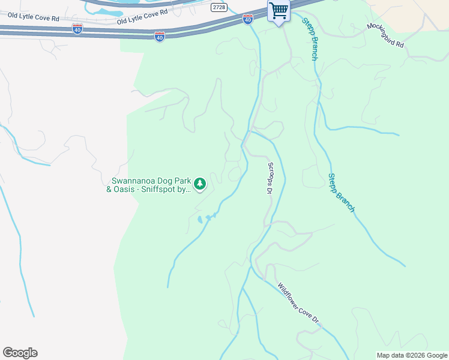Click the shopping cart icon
tap(279, 11)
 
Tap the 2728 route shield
tap(219, 7)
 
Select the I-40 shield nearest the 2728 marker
tap(247, 20)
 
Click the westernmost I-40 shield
tap(77, 28)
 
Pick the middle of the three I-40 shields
tap(159, 37)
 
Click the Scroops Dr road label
tap(270, 178)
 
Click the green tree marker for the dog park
tap(200, 184)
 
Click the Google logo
tap(20, 353)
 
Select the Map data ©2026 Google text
tap(412, 355)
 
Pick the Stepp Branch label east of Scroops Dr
tap(341, 193)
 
